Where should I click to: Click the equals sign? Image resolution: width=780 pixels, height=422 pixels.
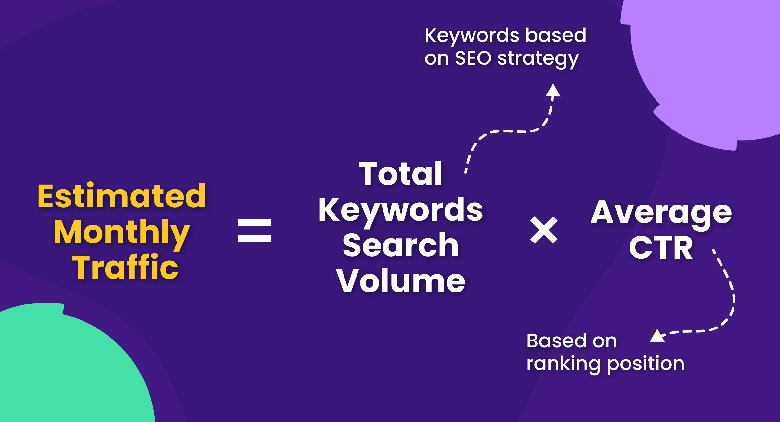point(254,230)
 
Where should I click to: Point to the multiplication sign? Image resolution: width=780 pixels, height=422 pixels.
point(544,230)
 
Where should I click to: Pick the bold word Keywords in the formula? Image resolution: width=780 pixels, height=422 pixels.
point(400,211)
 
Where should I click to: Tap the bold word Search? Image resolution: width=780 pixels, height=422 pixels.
point(400,245)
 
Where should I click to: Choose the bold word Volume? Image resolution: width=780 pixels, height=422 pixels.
point(401,281)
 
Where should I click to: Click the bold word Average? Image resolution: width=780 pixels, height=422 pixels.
point(661,213)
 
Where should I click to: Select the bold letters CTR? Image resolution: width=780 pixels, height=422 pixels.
point(661,248)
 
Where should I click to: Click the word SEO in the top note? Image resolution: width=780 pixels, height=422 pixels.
point(473,58)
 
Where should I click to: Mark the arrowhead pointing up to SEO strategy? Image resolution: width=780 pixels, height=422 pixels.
point(553,90)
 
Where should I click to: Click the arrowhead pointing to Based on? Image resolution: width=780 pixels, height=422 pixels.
point(657,336)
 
